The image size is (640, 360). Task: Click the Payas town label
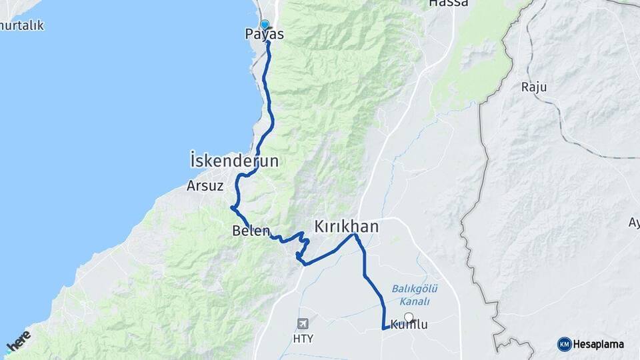[x=265, y=34]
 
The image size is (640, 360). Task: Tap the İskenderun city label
[x=234, y=161]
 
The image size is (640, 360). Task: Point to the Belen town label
[x=251, y=231]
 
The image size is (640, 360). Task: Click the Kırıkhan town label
[x=346, y=227]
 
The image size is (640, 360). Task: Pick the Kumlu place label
[x=408, y=325]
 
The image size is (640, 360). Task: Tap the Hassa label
[x=448, y=3]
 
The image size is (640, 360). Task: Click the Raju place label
[x=533, y=87]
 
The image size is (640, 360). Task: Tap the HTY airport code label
[x=303, y=338]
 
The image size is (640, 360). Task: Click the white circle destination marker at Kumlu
[x=409, y=318]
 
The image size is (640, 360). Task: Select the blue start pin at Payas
[x=265, y=25]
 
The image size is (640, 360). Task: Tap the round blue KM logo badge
[x=564, y=344]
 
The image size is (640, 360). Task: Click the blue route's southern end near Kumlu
[x=384, y=328]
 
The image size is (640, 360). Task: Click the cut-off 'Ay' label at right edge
[x=633, y=222]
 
